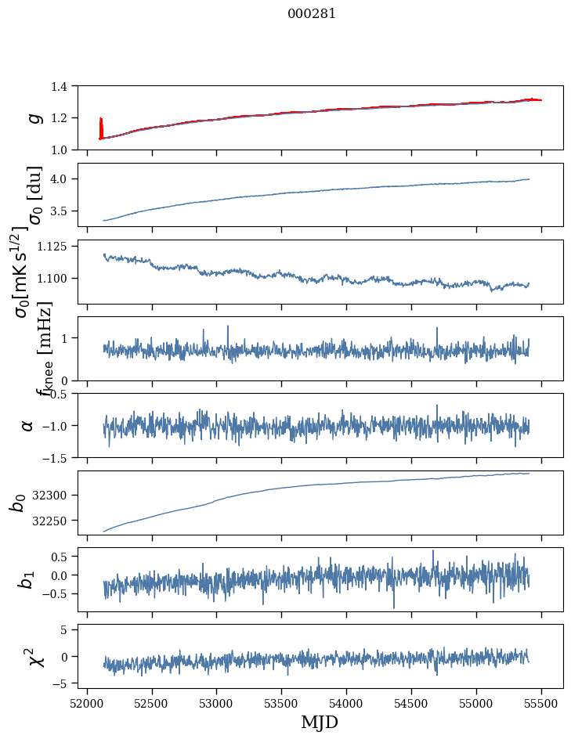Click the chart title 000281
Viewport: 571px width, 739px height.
pos(312,13)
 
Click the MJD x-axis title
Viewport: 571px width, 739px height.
pos(320,722)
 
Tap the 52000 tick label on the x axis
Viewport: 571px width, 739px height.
pos(87,701)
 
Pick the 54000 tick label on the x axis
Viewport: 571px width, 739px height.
pos(346,701)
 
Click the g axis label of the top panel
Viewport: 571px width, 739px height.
pos(34,117)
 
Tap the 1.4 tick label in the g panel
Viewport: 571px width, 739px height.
pos(67,86)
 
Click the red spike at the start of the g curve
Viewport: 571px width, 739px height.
pos(101,127)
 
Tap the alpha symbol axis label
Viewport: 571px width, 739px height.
pos(28,425)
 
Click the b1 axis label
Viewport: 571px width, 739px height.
pos(28,579)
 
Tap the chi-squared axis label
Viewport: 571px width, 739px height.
pos(36,656)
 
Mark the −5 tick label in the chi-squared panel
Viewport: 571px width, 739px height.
pos(69,683)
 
